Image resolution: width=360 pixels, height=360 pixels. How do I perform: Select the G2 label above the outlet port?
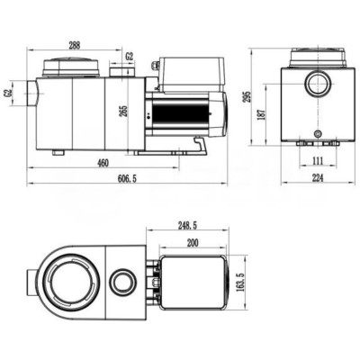coord(130,57)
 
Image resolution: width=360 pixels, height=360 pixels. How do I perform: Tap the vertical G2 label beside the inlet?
coord(9,93)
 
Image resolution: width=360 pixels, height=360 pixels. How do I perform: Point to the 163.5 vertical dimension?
coord(240,284)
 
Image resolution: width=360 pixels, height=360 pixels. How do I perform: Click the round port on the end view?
coord(317,87)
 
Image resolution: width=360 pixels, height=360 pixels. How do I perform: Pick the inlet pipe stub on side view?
coord(31,94)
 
